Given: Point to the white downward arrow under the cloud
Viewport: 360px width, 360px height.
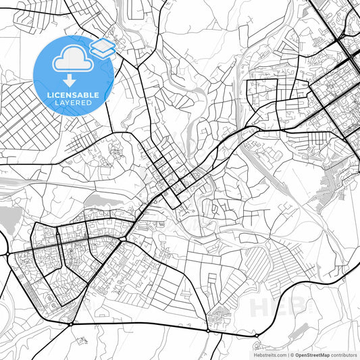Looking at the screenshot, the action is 70,79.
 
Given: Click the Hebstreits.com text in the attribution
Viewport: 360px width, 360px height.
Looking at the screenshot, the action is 268,355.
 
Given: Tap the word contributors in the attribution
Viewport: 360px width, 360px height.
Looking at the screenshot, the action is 343,355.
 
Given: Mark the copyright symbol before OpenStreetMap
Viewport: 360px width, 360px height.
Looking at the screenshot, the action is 290,355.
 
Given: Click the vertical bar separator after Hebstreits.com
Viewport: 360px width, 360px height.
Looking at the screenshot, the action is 286,355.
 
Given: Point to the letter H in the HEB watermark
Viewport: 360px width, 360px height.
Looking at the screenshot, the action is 259,307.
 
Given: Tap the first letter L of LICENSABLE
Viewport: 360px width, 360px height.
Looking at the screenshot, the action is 49,94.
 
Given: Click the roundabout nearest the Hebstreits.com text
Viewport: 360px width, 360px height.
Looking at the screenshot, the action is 257,335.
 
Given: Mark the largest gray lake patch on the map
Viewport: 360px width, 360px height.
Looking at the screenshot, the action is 8,217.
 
